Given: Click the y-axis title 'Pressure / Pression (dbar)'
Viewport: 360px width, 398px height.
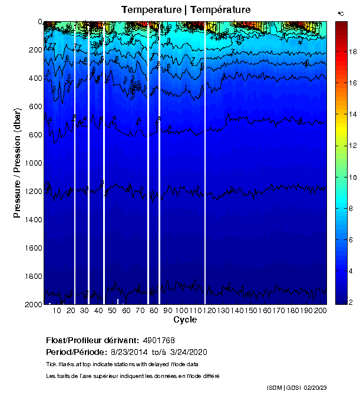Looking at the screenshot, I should pos(18,163).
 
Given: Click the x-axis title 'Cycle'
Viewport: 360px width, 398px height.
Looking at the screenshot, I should pos(181,320).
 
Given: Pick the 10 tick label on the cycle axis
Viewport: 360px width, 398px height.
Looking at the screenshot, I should pos(57,310).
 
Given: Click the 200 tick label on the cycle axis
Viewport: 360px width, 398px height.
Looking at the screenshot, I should pos(321,310).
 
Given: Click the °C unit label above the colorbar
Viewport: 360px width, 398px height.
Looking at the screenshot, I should pos(341,13).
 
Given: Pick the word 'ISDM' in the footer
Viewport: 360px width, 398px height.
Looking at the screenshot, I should pos(275,387).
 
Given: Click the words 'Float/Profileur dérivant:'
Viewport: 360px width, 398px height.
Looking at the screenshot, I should pos(92,341).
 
